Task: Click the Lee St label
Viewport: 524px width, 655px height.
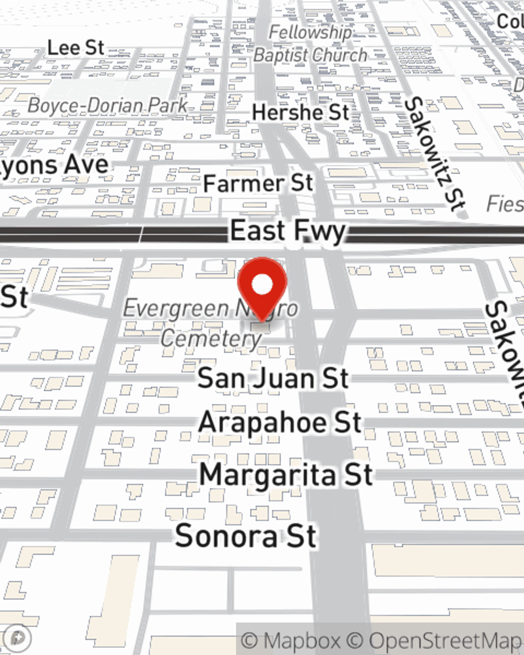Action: pos(76,48)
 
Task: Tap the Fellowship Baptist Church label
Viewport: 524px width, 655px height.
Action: pos(310,44)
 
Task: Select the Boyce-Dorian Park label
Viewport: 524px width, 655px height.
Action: pos(107,105)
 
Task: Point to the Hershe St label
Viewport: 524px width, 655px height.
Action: pos(300,112)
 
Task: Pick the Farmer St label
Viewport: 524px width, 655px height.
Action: pos(258,183)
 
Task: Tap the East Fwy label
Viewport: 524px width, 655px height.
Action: pos(288,231)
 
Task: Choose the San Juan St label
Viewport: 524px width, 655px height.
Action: pos(273,378)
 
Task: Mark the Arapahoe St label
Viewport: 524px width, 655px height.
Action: pos(280,423)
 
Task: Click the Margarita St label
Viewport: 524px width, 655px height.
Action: pos(286,475)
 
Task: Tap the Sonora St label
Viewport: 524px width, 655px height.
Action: pos(246,536)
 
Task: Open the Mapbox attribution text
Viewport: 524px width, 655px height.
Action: pos(290,640)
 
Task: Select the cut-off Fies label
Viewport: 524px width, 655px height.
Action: pos(505,204)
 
